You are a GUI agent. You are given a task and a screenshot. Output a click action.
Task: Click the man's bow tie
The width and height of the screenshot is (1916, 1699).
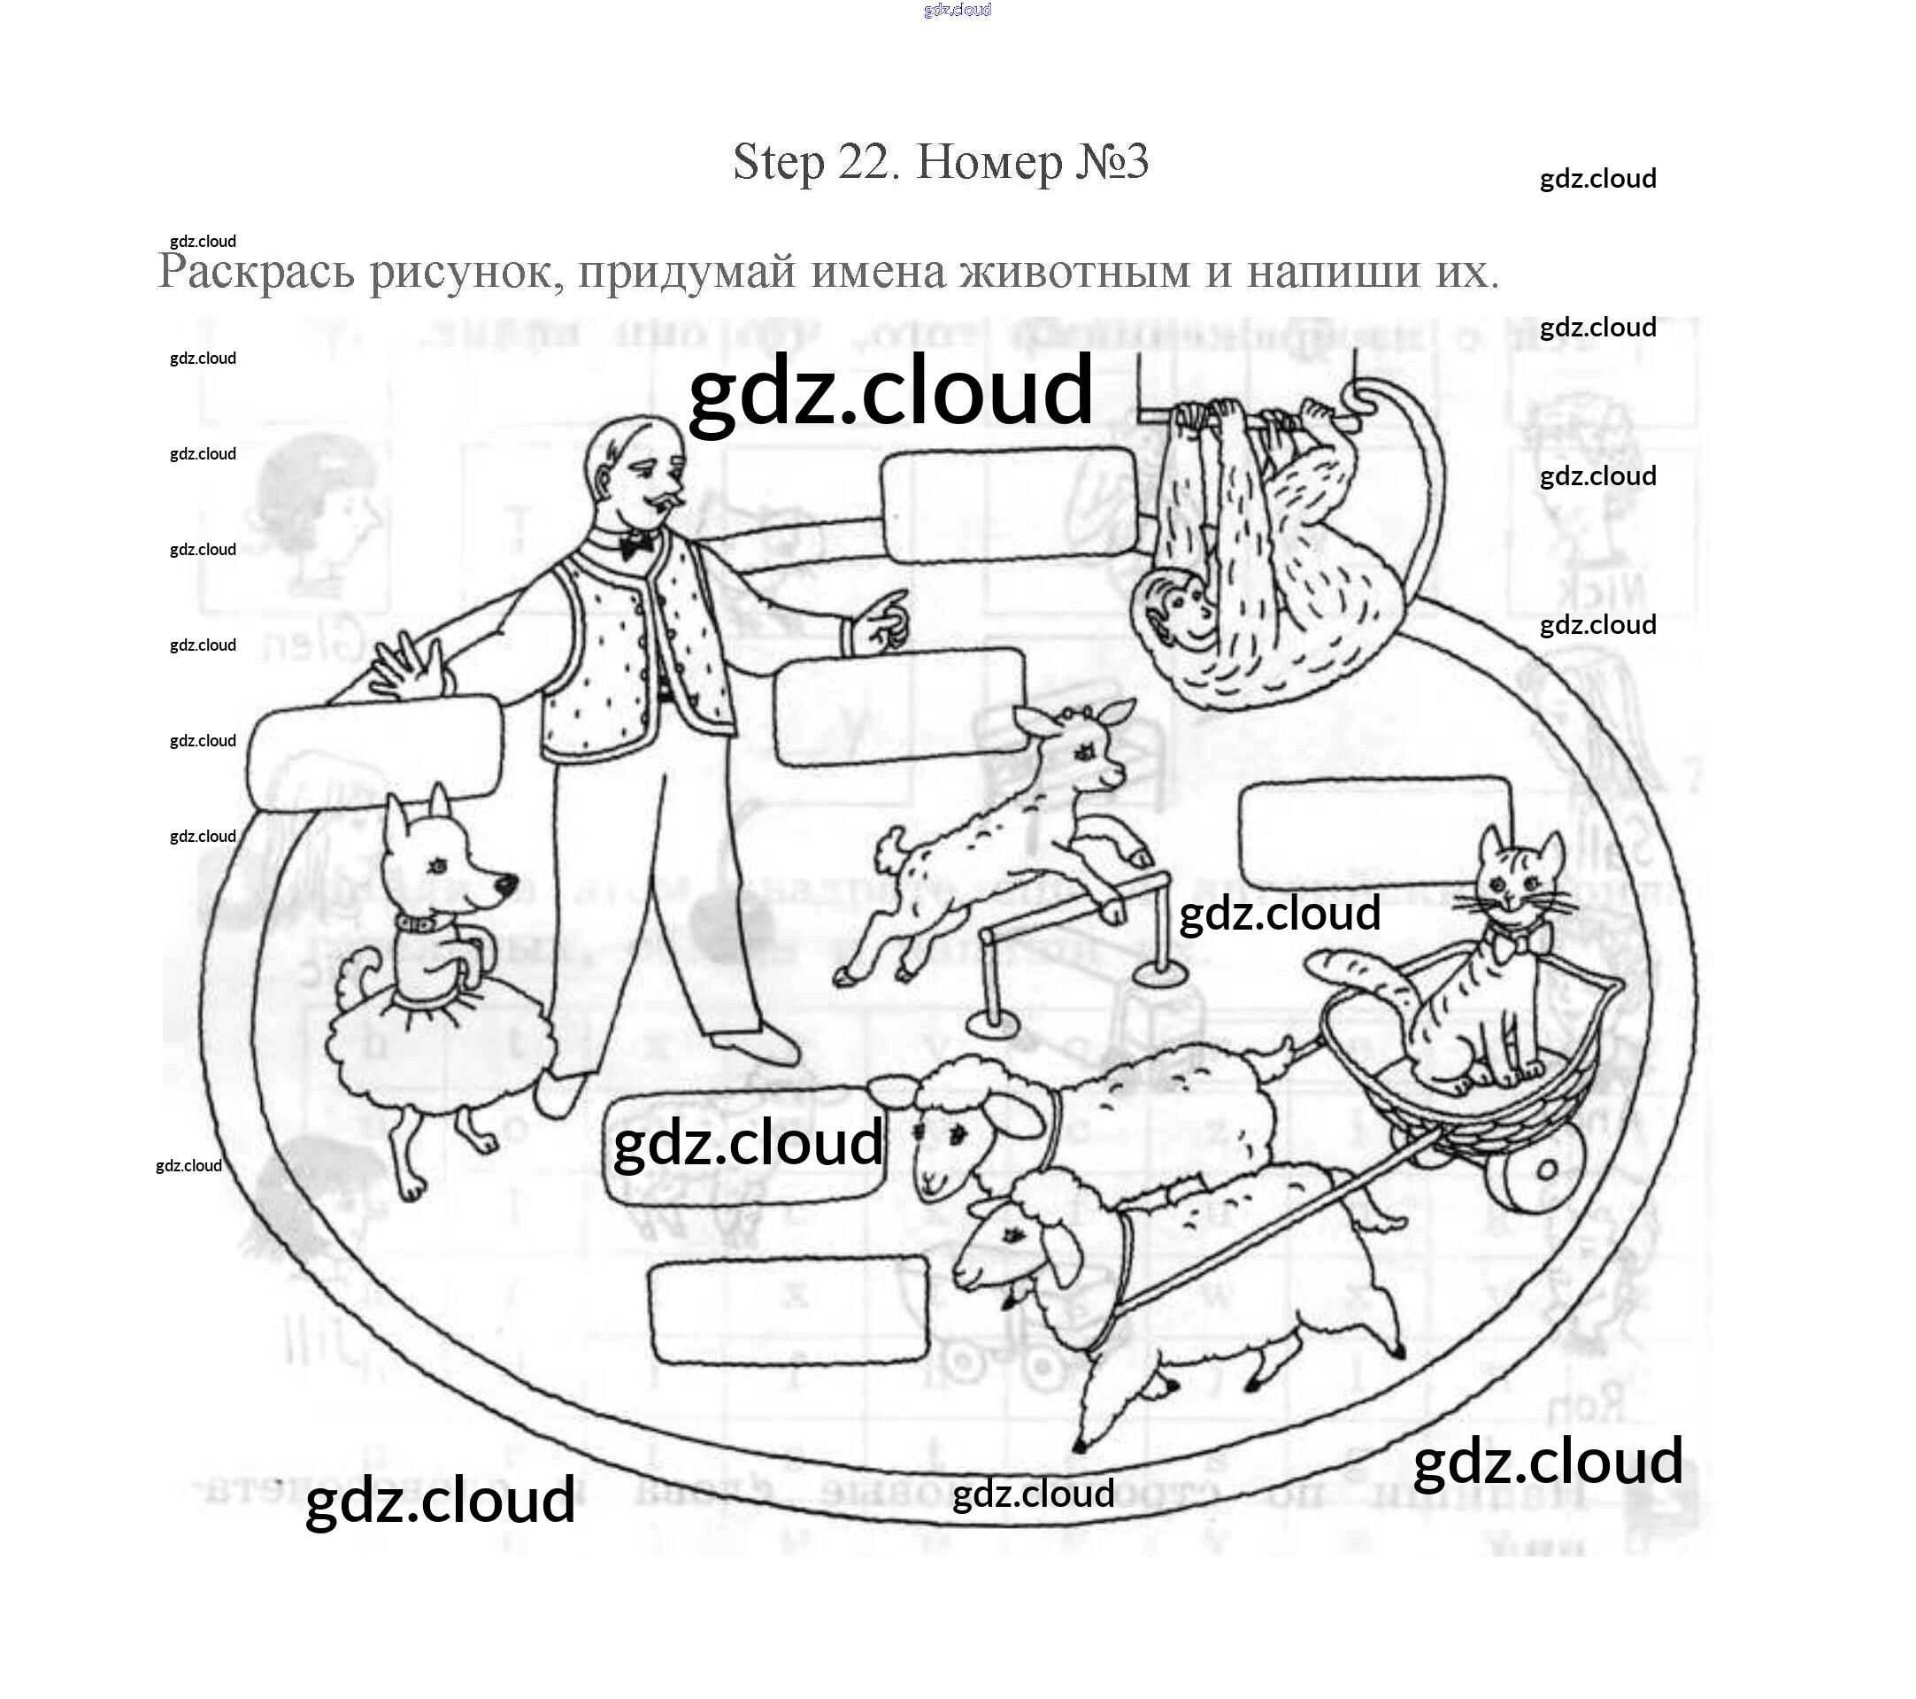click(x=637, y=542)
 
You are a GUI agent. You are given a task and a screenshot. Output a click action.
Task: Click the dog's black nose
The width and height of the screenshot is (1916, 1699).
click(x=506, y=884)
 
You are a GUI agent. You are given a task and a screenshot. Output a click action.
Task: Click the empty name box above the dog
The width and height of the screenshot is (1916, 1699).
click(x=374, y=745)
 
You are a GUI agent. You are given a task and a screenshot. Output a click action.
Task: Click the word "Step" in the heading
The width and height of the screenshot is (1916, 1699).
click(x=778, y=162)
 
